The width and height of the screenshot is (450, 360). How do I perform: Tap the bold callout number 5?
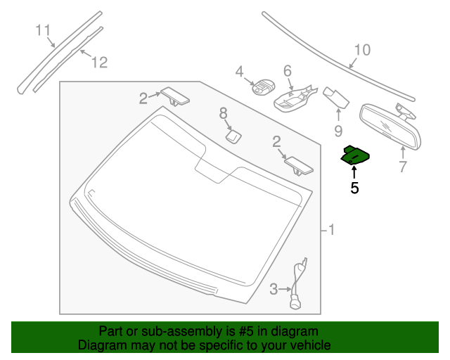click(x=354, y=188)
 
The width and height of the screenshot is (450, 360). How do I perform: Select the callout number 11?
click(x=44, y=30)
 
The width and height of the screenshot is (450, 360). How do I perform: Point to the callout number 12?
click(x=99, y=63)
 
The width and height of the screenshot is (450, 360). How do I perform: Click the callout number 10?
click(x=361, y=50)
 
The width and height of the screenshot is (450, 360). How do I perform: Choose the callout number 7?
click(x=403, y=167)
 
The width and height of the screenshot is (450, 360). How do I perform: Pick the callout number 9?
click(x=338, y=131)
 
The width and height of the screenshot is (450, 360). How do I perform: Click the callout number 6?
click(x=288, y=70)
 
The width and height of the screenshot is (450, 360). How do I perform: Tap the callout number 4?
click(x=239, y=71)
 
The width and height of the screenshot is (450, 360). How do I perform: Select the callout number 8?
click(x=224, y=112)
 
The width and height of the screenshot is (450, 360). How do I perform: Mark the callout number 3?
click(x=274, y=288)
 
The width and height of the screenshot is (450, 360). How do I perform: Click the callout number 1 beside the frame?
click(x=332, y=230)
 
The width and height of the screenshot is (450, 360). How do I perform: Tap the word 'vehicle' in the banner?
click(x=309, y=345)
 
